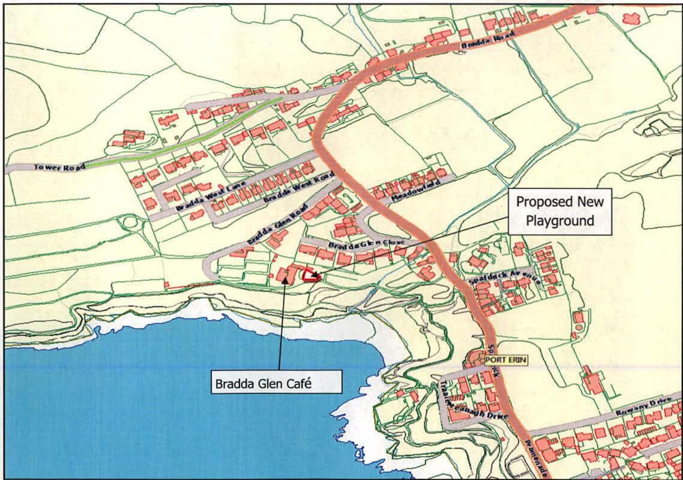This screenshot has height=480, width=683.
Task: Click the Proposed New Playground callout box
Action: pyautogui.click(x=560, y=211)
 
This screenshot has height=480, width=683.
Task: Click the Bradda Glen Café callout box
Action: pyautogui.click(x=276, y=385)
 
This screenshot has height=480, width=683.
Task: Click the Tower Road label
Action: pyautogui.click(x=59, y=167)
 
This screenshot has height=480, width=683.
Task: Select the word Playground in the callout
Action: pyautogui.click(x=560, y=220)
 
